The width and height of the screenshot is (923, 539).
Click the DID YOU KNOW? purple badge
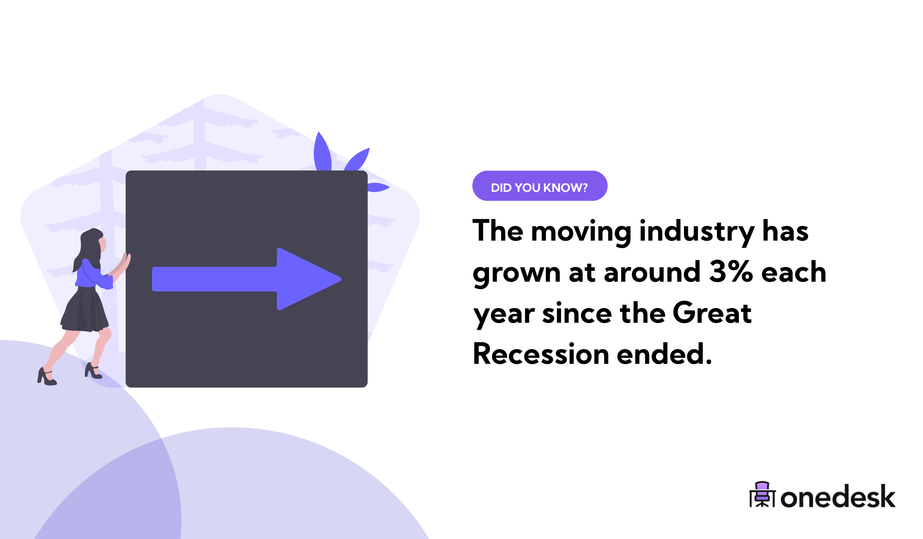coord(539,186)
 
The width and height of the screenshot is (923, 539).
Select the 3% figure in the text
coord(731,272)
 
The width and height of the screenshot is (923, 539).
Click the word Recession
coord(541,354)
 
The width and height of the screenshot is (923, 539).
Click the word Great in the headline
coord(712,313)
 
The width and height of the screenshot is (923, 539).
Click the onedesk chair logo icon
coord(762,495)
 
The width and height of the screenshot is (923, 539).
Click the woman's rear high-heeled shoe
coord(46,377)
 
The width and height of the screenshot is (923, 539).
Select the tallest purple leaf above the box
coord(322,152)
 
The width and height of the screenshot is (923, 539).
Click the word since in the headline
coord(577,314)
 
